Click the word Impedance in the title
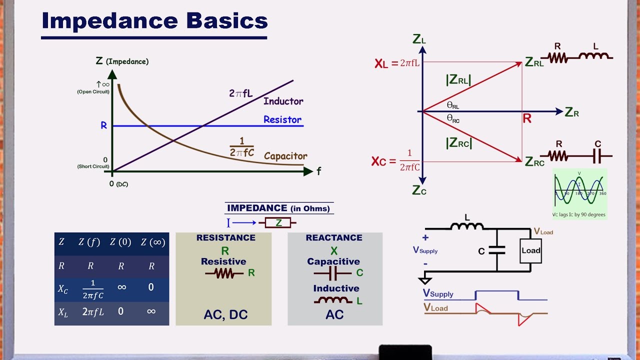point(109,20)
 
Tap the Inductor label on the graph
point(283,101)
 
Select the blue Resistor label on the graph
point(282,120)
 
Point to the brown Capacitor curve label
point(285,156)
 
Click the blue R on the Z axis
point(104,125)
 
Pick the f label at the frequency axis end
point(318,171)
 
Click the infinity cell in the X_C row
point(121,288)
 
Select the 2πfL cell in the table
point(92,312)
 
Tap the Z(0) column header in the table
point(120,242)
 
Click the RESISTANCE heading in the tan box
point(226,238)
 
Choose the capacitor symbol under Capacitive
point(332,273)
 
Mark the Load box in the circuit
point(531,250)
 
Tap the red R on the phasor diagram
point(527,119)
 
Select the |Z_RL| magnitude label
point(458,80)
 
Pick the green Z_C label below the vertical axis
point(419,190)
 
